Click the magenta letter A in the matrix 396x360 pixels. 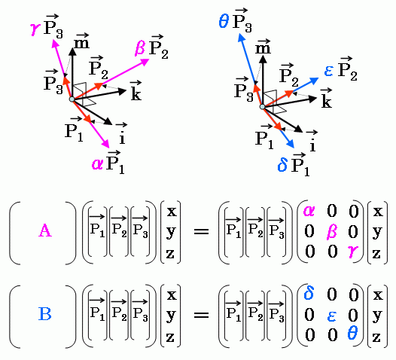45,230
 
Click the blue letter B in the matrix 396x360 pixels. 45,314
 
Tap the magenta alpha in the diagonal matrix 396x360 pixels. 309,211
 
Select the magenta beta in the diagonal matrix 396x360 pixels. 331,232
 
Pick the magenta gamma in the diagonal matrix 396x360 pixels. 353,252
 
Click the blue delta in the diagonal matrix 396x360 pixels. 309,294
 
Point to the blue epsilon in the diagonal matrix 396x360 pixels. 331,316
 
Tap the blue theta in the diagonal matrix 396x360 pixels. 352,333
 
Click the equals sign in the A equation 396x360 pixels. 201,231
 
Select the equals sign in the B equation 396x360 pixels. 201,315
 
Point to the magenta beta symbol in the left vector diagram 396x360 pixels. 140,48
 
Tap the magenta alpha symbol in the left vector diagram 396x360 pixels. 97,163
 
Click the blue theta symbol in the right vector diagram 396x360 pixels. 224,21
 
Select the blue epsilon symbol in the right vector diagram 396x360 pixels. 329,71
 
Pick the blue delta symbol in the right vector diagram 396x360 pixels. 282,166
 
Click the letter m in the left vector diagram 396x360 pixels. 82,44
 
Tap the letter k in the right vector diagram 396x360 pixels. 326,102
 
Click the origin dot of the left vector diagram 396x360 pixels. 72,99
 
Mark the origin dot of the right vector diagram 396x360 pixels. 263,107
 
